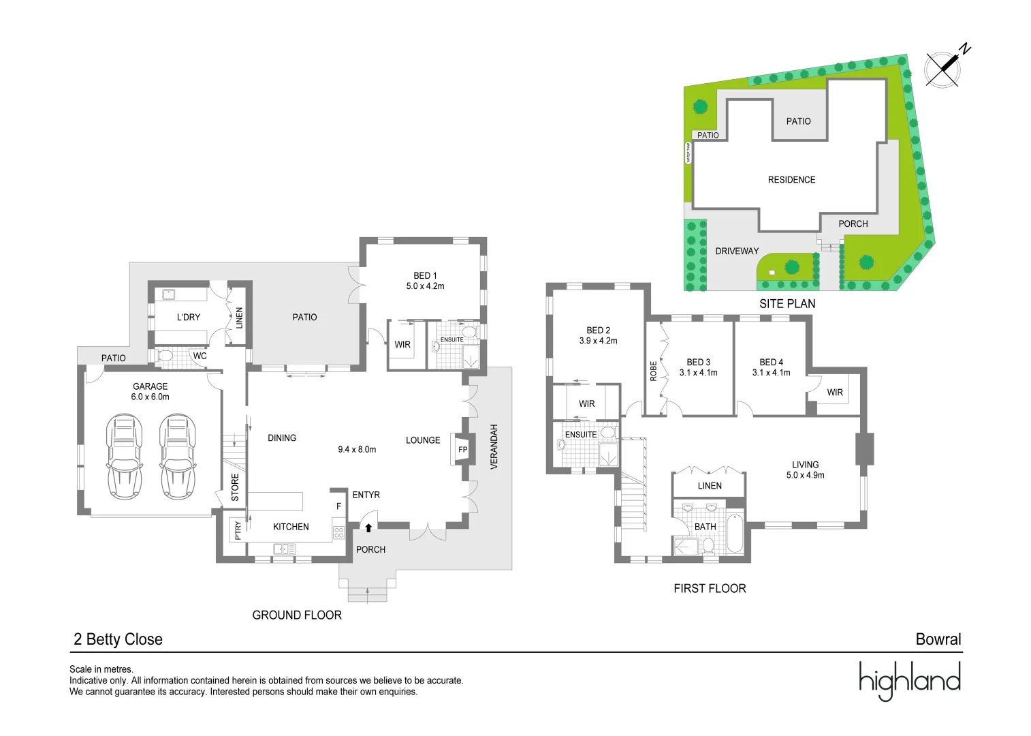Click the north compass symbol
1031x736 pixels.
pyautogui.click(x=944, y=68)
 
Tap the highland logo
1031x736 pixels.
pyautogui.click(x=909, y=680)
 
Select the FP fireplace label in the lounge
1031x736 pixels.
pyautogui.click(x=462, y=450)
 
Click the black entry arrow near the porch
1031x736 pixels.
pyautogui.click(x=368, y=527)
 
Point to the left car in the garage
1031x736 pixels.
pyautogui.click(x=125, y=457)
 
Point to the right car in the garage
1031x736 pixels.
pyautogui.click(x=177, y=457)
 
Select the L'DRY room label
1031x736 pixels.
pyautogui.click(x=189, y=318)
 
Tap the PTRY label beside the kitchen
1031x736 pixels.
pyautogui.click(x=238, y=530)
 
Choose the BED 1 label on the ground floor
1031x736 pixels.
pyautogui.click(x=425, y=276)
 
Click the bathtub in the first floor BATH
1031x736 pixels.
pyautogui.click(x=735, y=534)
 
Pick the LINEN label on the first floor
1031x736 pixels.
pyautogui.click(x=710, y=486)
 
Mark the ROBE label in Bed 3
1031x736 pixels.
pyautogui.click(x=654, y=371)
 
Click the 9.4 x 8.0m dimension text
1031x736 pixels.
pyautogui.click(x=357, y=450)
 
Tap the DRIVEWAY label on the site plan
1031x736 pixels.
pyautogui.click(x=737, y=251)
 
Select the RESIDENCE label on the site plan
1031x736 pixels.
pyautogui.click(x=791, y=180)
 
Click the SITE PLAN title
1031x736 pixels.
pyautogui.click(x=787, y=304)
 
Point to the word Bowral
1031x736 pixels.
pyautogui.click(x=938, y=639)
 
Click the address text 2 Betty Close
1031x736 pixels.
pyautogui.click(x=118, y=639)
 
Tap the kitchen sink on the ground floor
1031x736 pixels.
pyautogui.click(x=284, y=549)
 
